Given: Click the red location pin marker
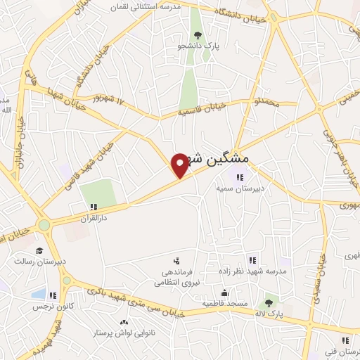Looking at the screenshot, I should click(x=181, y=165).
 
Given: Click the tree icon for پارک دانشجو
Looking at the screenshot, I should click(x=198, y=35).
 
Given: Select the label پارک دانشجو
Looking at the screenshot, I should click(x=198, y=46).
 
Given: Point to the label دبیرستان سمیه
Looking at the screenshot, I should click(x=234, y=188).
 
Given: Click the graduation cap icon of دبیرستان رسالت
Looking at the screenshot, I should click(x=40, y=250).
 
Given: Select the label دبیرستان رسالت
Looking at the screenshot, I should click(x=40, y=262).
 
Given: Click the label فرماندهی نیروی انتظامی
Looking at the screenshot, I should click(x=175, y=276).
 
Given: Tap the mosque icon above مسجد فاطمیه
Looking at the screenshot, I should click(x=224, y=292).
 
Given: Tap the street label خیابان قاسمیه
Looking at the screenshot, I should click(x=201, y=108).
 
